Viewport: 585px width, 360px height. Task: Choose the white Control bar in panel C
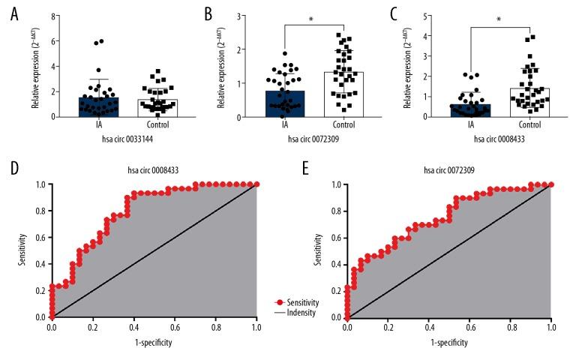tap(529, 103)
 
